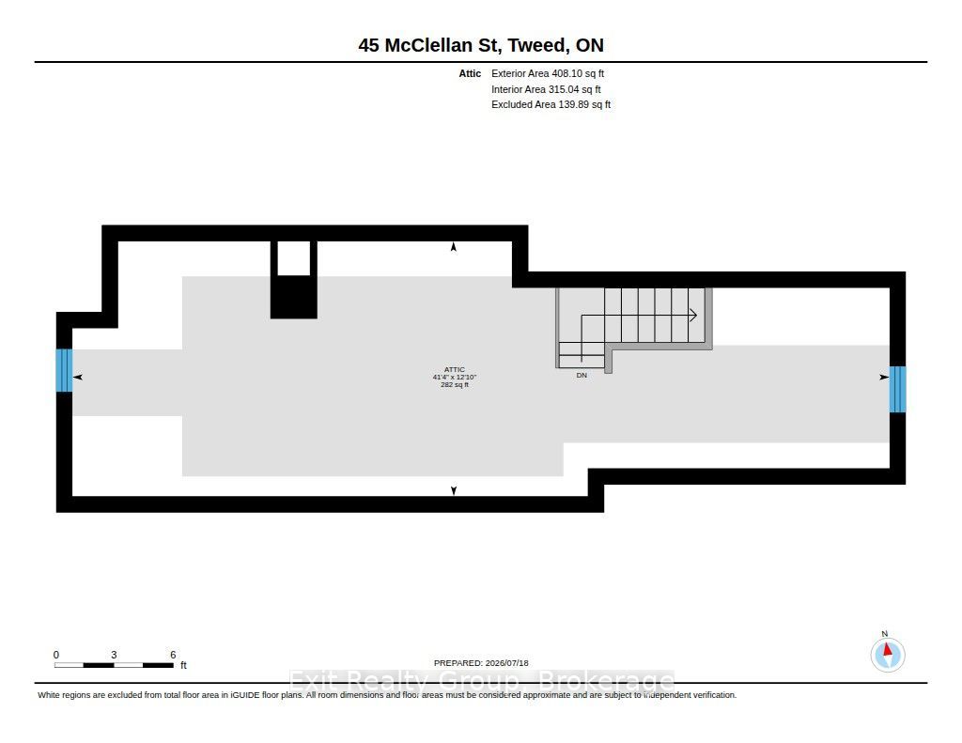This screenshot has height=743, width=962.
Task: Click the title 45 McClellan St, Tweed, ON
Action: pos(481,45)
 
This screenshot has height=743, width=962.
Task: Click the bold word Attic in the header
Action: pos(470,73)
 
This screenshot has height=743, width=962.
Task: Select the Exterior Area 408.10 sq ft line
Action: pos(548,73)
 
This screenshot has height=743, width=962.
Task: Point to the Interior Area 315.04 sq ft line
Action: pos(546,89)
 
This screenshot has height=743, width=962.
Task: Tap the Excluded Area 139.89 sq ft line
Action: pos(551,105)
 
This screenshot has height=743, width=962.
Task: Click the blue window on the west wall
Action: pos(65,370)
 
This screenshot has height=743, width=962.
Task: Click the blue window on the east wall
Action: pos(897,389)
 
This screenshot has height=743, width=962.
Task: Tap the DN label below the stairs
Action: pos(582,376)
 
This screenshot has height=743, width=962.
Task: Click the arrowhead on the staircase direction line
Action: pos(693,316)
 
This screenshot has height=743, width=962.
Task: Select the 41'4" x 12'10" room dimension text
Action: pos(455,378)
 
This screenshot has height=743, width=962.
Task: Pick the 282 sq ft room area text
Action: pos(455,385)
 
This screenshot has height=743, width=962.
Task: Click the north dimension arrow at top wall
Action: pos(454,247)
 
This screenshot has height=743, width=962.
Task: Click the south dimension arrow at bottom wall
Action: pos(454,490)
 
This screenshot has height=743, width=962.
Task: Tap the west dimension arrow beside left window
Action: pos(77,377)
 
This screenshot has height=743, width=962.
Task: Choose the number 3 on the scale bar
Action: pos(114,655)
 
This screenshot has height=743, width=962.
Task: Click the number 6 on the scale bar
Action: pos(173,655)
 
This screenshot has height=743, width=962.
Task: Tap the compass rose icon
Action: pos(887,654)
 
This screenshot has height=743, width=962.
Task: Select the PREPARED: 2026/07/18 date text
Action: pos(481,663)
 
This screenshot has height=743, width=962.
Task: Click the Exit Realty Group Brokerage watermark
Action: pos(482,680)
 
